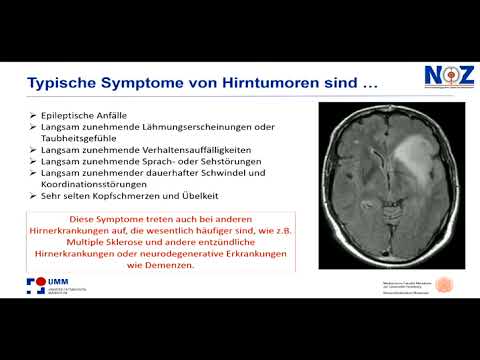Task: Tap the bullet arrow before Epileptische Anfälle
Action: point(34,115)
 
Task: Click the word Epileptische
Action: point(72,115)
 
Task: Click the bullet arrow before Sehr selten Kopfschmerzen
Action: point(34,195)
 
